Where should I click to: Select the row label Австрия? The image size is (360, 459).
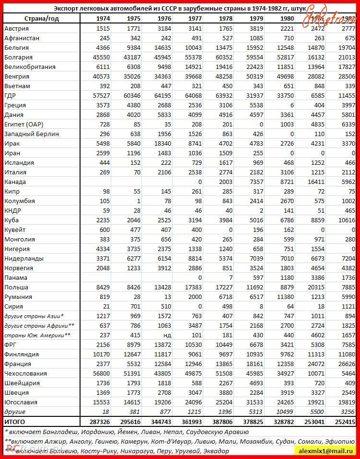[x=16, y=28]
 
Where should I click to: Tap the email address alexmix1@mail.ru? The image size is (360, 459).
[x=326, y=451]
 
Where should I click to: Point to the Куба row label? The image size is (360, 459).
[x=12, y=220]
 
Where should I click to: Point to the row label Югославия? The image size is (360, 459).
[x=21, y=402]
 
